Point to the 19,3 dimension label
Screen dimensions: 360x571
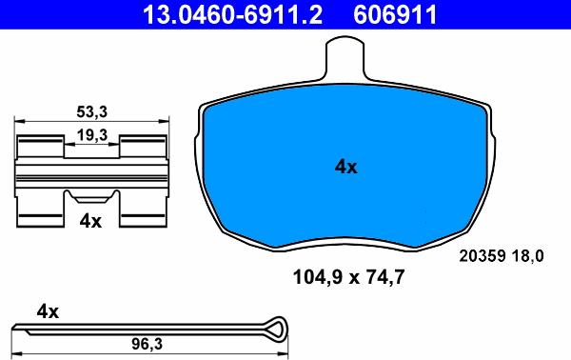pyautogui.click(x=91, y=136)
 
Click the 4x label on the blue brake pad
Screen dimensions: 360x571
pyautogui.click(x=345, y=167)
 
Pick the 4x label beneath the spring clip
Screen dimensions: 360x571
pyautogui.click(x=90, y=220)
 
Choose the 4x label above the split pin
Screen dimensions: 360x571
pyautogui.click(x=48, y=311)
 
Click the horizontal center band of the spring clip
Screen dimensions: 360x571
pyautogui.click(x=91, y=175)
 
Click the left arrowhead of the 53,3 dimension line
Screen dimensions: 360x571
pyautogui.click(x=20, y=122)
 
